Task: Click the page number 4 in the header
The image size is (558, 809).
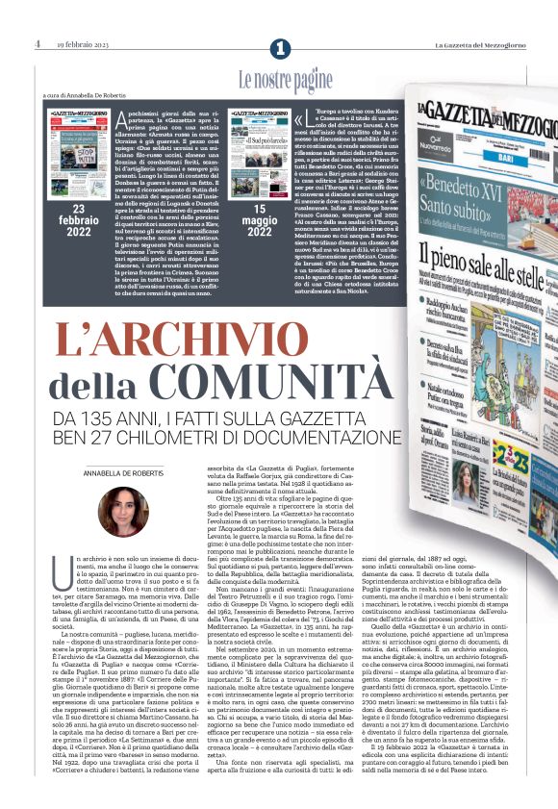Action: (x=37, y=44)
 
